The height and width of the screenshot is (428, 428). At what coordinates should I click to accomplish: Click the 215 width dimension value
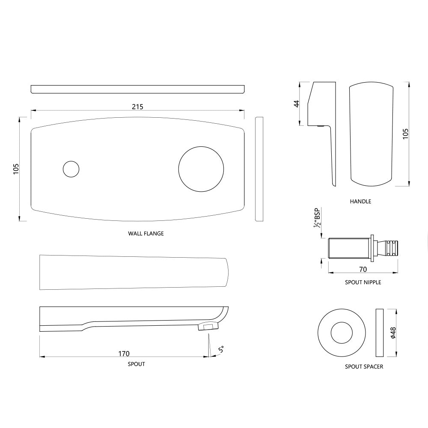pyautogui.click(x=137, y=107)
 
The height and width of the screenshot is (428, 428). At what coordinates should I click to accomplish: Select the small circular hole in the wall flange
pyautogui.click(x=71, y=169)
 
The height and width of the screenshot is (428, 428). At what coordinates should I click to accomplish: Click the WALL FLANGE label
pyautogui.click(x=146, y=234)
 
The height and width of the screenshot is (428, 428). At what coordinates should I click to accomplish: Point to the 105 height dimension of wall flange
pyautogui.click(x=16, y=169)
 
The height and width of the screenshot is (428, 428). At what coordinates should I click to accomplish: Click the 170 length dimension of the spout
pyautogui.click(x=124, y=354)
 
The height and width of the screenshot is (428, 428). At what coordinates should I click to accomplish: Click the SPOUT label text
pyautogui.click(x=136, y=364)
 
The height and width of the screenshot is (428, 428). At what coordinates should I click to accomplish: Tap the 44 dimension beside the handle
pyautogui.click(x=296, y=104)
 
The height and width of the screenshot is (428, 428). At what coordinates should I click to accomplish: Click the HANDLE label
pyautogui.click(x=360, y=201)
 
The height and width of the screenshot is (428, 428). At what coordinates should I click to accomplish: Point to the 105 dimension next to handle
pyautogui.click(x=406, y=134)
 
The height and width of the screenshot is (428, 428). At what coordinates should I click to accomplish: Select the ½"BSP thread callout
pyautogui.click(x=317, y=218)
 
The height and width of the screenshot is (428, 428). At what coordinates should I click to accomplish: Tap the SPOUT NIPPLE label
pyautogui.click(x=363, y=282)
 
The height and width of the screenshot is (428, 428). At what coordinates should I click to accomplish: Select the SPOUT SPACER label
pyautogui.click(x=364, y=367)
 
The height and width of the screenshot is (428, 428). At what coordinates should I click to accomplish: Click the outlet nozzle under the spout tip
pyautogui.click(x=208, y=327)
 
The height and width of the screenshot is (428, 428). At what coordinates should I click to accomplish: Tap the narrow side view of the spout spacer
pyautogui.click(x=379, y=333)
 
